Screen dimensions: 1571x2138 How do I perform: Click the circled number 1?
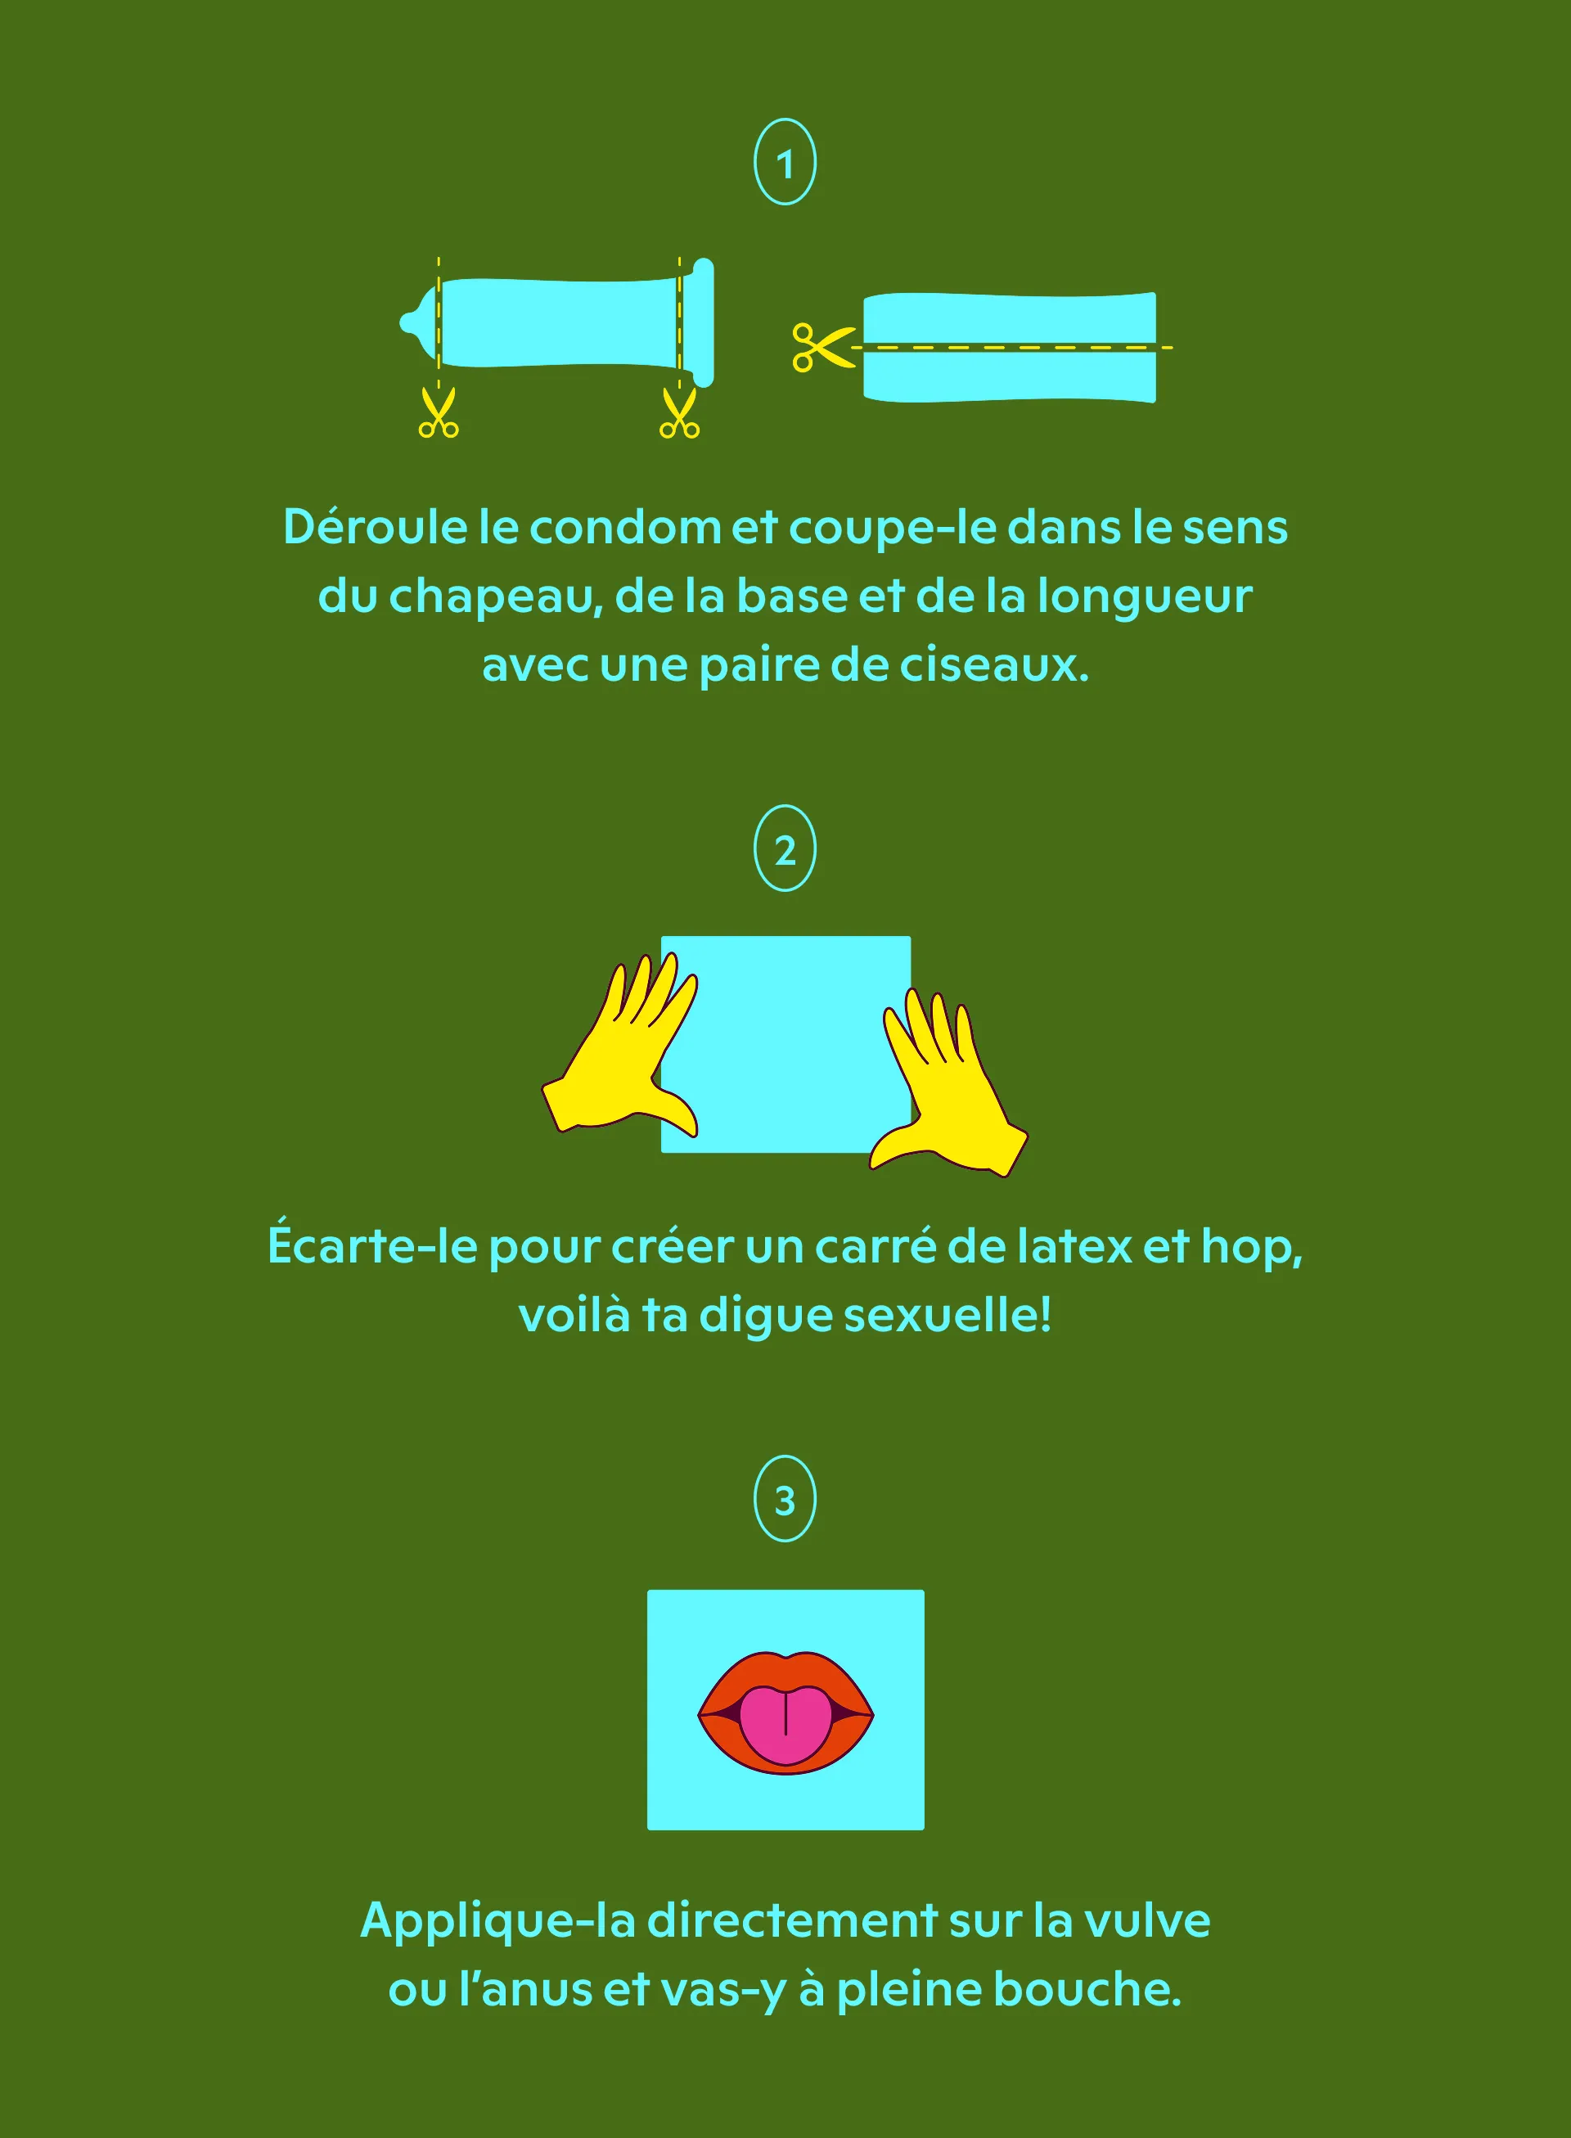click(785, 162)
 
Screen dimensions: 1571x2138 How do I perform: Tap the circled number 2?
click(785, 848)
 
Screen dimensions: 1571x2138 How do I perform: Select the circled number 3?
click(785, 1499)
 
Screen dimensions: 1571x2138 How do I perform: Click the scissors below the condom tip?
click(439, 412)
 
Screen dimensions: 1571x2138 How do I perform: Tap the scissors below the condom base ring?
click(679, 412)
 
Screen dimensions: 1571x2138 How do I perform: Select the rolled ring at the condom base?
click(704, 322)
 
